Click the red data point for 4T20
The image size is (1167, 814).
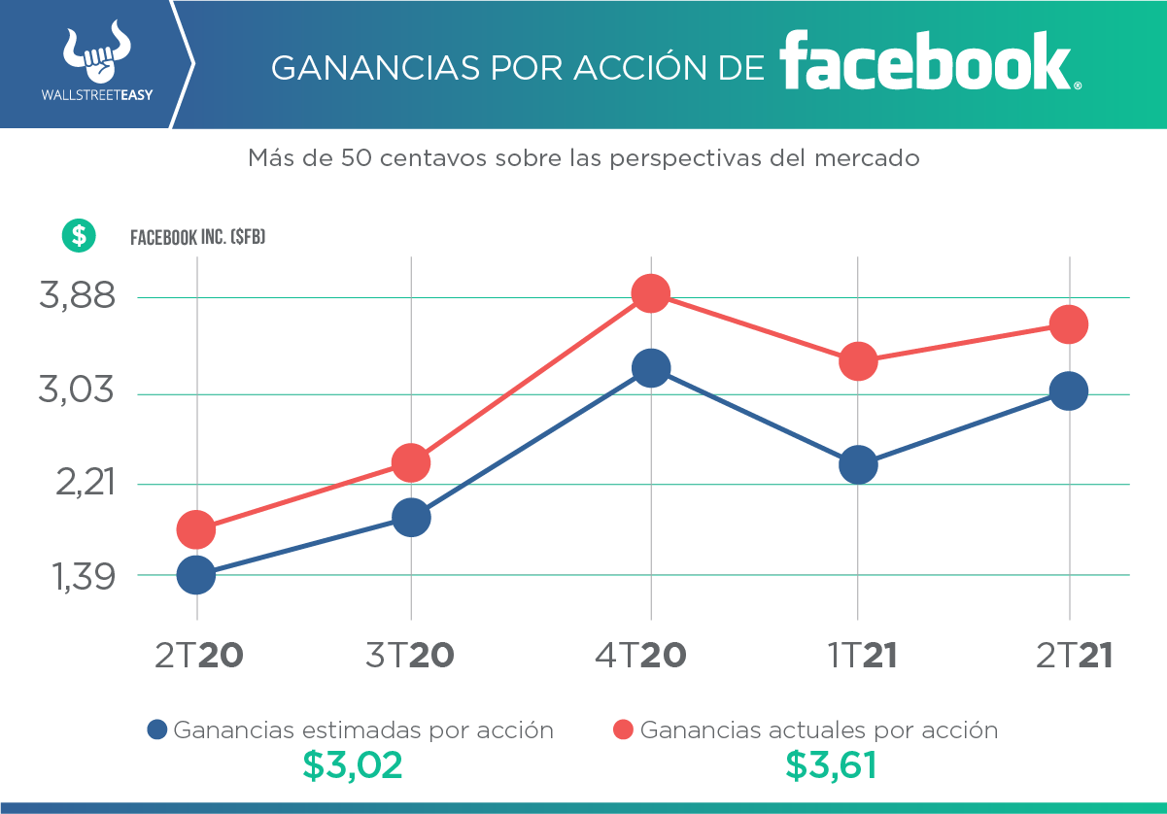(650, 293)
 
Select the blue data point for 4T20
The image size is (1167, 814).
(650, 368)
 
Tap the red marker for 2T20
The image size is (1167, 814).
(196, 529)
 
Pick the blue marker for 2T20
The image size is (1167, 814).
(196, 575)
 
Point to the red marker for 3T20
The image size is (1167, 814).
(411, 462)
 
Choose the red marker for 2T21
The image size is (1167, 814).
(1069, 324)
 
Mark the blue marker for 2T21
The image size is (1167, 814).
(1069, 391)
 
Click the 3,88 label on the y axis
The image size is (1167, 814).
(78, 296)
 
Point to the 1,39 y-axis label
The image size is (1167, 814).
(78, 577)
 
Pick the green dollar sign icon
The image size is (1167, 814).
(79, 234)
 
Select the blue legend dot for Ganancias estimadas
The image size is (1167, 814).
(157, 729)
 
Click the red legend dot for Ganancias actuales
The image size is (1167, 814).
(624, 729)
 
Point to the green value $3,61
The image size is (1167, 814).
(831, 766)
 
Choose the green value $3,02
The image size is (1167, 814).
(352, 766)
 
